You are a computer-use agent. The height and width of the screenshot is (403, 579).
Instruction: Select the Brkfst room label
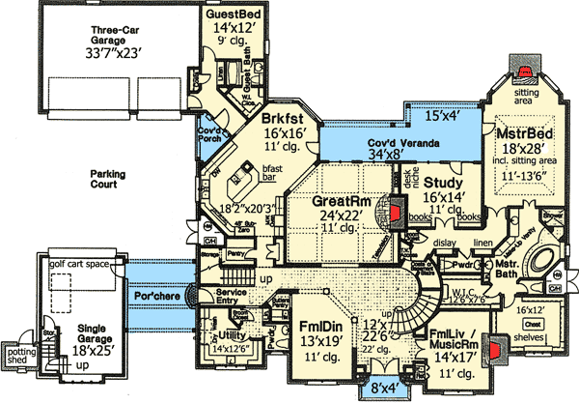pyautogui.click(x=284, y=121)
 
